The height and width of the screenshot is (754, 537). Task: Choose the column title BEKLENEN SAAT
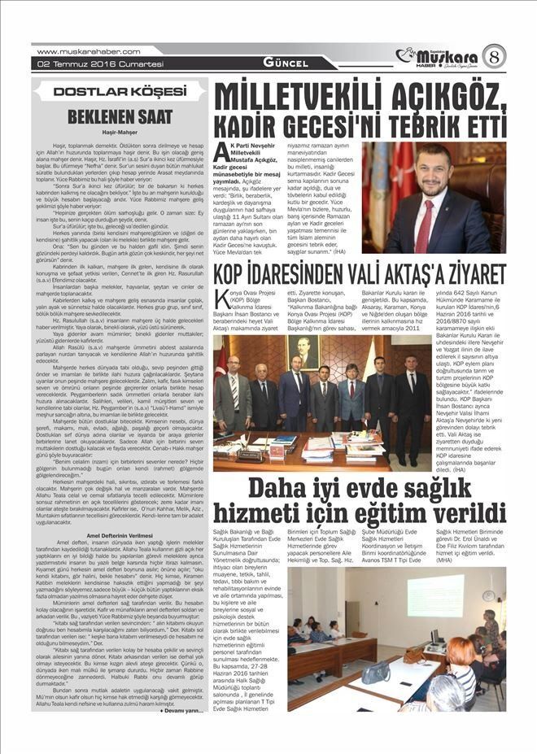click(x=120, y=116)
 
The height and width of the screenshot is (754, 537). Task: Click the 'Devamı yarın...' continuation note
click(x=180, y=710)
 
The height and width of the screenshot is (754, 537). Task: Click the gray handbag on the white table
click(x=376, y=672)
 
